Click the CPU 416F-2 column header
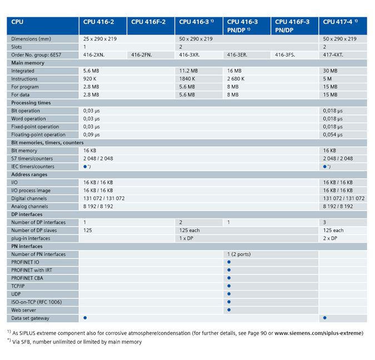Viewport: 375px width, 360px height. click(x=148, y=22)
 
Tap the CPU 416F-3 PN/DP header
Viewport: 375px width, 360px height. click(x=292, y=26)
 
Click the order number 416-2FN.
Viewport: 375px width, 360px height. click(x=142, y=55)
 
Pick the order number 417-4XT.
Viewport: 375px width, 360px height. click(x=333, y=55)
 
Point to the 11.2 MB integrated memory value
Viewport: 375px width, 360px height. click(x=188, y=71)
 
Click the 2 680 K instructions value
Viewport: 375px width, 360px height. click(x=236, y=79)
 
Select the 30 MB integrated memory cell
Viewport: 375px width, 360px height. click(x=330, y=71)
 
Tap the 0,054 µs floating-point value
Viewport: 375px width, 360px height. click(x=333, y=134)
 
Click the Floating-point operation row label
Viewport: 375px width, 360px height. click(x=38, y=134)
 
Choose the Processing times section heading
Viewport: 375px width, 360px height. click(x=31, y=103)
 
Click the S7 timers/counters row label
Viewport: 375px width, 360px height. click(x=32, y=158)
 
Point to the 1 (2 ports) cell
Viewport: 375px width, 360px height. click(x=239, y=254)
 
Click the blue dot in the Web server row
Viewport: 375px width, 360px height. click(x=229, y=310)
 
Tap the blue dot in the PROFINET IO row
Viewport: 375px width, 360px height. click(x=229, y=262)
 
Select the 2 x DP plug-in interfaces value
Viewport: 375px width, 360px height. click(x=330, y=238)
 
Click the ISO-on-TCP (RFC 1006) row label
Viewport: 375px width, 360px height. click(x=37, y=302)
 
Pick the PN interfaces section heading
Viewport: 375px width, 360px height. click(x=27, y=246)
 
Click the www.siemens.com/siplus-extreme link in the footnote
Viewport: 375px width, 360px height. click(x=319, y=333)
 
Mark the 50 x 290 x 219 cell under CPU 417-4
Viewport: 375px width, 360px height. click(x=339, y=39)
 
